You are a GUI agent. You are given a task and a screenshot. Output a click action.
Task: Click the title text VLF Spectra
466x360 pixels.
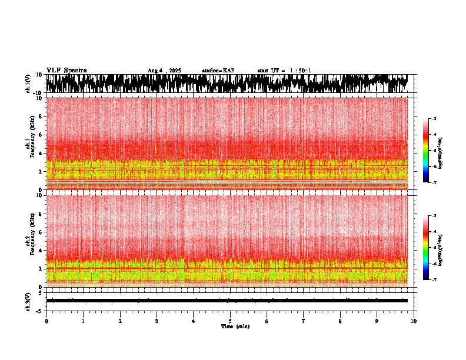66,70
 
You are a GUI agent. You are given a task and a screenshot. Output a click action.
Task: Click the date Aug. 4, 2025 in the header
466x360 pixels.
164,71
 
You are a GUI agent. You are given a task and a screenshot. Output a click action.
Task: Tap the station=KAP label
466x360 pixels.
218,71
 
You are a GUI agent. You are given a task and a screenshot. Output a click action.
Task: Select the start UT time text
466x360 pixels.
284,71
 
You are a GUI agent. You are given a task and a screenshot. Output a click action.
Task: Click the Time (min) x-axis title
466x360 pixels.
235,326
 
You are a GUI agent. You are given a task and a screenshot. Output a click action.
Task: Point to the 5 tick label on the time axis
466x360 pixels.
230,321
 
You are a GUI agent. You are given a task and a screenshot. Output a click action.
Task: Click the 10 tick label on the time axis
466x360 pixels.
414,321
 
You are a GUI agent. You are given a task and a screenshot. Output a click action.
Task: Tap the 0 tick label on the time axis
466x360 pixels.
46,321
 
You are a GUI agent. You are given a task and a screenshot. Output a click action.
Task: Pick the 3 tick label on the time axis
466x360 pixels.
157,321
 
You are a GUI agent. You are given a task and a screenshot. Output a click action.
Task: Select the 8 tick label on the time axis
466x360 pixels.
340,321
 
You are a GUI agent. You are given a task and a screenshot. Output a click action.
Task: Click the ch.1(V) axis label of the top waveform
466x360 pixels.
28,84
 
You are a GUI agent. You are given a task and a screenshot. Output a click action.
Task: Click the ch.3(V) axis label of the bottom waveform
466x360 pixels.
28,301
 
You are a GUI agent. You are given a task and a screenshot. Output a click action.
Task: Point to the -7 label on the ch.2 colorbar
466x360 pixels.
434,280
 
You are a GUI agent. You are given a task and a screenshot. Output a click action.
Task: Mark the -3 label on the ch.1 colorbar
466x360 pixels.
434,119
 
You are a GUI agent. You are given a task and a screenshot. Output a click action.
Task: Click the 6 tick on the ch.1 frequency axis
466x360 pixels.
41,135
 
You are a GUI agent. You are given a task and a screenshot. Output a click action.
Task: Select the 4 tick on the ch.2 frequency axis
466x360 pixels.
41,250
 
